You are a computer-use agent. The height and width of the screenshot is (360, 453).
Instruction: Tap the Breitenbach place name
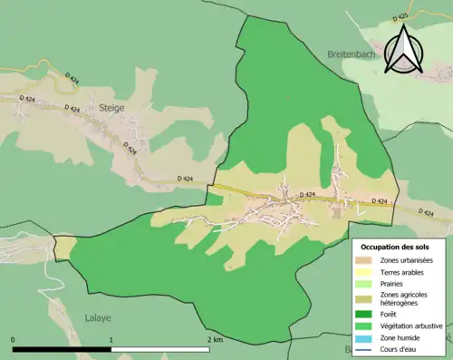[x=352, y=54]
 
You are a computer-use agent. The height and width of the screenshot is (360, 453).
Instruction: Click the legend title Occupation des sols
[x=395, y=247]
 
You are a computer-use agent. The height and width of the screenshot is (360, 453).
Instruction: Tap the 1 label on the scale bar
[x=111, y=340]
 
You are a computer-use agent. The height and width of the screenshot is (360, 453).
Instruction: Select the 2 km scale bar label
[x=214, y=340]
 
